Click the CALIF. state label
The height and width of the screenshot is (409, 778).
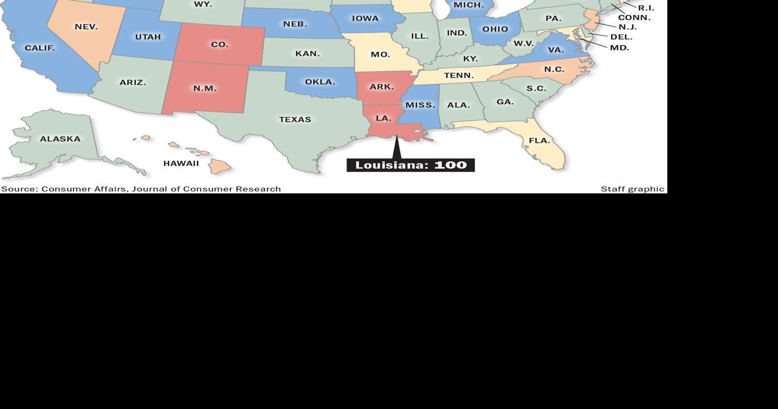tap(39, 48)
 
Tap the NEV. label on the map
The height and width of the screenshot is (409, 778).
tap(86, 27)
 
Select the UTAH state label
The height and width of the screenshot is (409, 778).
tap(148, 37)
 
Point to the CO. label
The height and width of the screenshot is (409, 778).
tap(220, 44)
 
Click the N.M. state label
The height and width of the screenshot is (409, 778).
tap(205, 88)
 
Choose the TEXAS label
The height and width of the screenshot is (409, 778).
tap(295, 119)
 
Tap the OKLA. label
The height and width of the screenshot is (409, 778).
tap(320, 82)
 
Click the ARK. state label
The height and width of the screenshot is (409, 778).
tap(381, 87)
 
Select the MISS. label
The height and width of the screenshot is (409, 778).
tap(420, 105)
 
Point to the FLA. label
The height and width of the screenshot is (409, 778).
tap(539, 141)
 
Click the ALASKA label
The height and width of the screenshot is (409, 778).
tap(60, 139)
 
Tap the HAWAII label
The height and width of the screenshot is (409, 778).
tap(181, 163)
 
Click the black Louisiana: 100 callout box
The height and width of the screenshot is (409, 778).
tap(410, 165)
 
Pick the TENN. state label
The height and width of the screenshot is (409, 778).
tap(459, 75)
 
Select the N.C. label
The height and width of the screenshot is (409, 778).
tap(554, 69)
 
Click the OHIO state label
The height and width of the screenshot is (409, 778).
tap(495, 29)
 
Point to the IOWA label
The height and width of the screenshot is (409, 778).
tap(365, 18)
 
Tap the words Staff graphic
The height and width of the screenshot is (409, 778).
tap(632, 189)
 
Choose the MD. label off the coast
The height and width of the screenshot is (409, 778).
tap(620, 48)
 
